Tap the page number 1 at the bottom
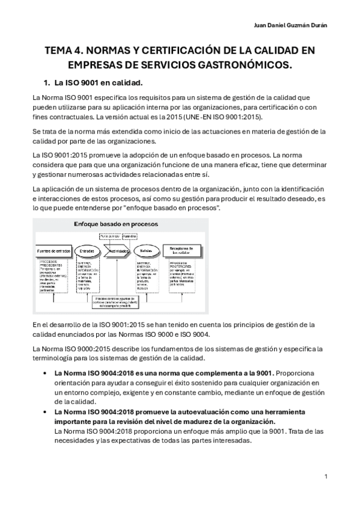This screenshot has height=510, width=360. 325,477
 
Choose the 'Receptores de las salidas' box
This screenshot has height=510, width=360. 185,250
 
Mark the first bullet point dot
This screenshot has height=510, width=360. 47,373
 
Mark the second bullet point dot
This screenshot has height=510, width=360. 47,412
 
